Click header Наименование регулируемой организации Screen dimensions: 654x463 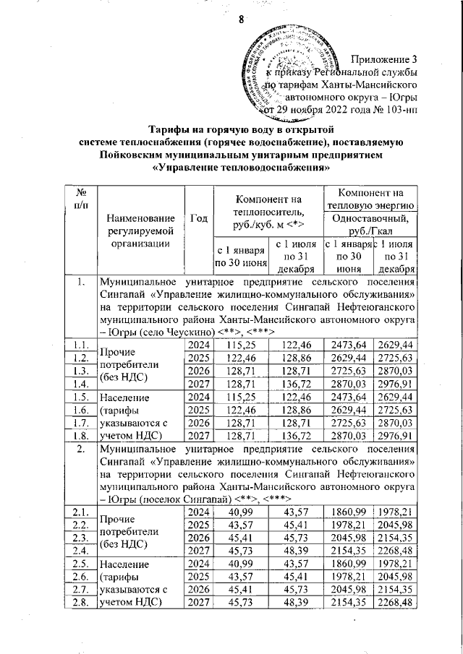pyautogui.click(x=140, y=231)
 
